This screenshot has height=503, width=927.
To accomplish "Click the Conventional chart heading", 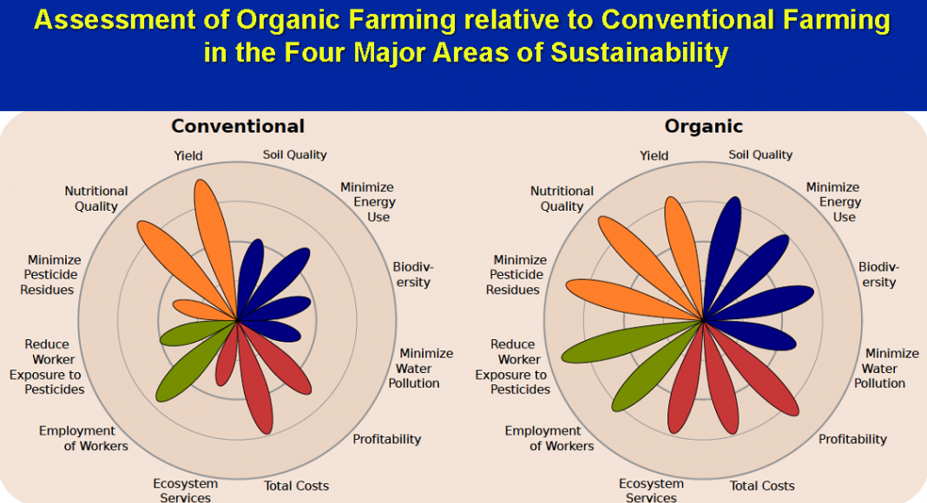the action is [238, 126].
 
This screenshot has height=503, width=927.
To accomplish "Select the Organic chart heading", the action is [704, 127].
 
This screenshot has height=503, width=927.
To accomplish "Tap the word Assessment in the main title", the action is [115, 19].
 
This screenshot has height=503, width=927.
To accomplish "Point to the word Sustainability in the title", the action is [640, 52].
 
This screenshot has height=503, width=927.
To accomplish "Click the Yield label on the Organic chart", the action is [654, 156].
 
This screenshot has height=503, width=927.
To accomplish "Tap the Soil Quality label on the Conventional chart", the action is [294, 154].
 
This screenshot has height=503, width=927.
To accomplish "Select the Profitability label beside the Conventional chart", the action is [386, 439].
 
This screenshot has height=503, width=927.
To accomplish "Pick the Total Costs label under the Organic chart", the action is [762, 486].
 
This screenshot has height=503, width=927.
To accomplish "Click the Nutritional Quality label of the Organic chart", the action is [561, 199].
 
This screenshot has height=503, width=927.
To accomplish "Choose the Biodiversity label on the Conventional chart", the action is [413, 275].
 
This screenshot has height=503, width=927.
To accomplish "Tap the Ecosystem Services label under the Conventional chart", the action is [186, 490].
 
